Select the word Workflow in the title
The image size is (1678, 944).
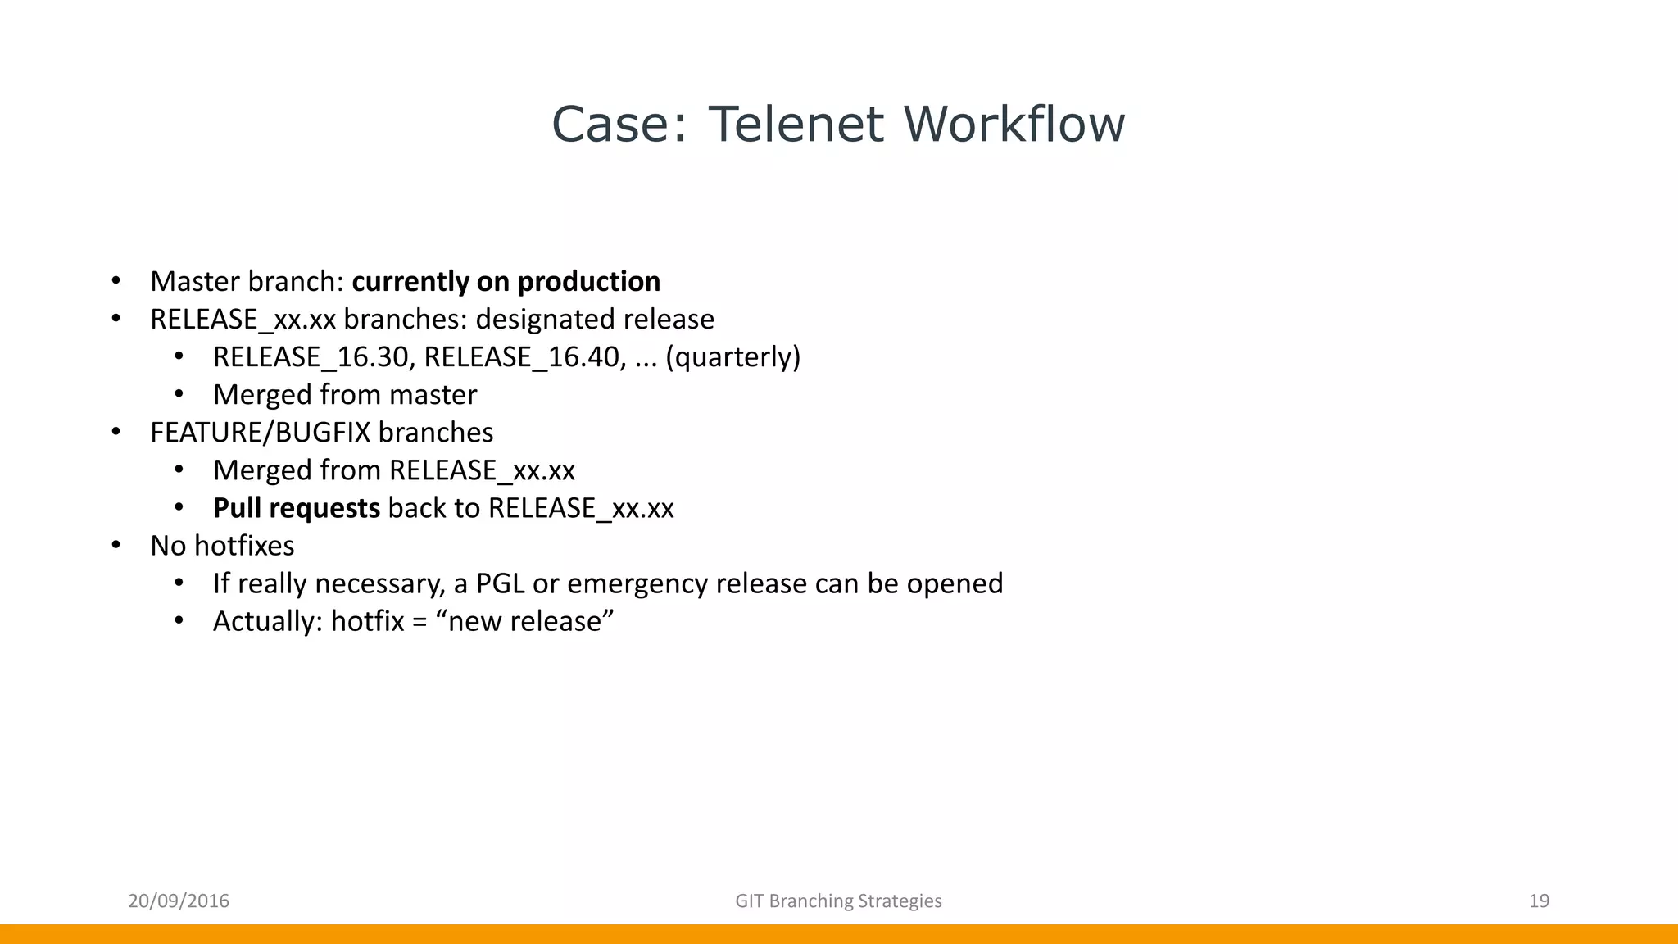(x=1014, y=125)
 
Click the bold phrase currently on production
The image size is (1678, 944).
(x=506, y=282)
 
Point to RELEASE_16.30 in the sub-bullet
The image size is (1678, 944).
(x=311, y=357)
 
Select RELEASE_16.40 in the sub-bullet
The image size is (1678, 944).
(x=522, y=357)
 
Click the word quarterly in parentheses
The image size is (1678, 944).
(x=733, y=357)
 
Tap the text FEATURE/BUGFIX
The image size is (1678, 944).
(x=260, y=433)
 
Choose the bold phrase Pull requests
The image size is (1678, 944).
(x=296, y=508)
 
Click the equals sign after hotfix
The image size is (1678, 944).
(x=419, y=622)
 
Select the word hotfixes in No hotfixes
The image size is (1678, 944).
(x=244, y=546)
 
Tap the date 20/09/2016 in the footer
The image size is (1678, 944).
(x=179, y=901)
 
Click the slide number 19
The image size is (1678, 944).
(x=1539, y=901)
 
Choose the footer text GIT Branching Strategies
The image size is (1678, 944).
(x=838, y=901)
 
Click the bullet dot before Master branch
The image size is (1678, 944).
(x=116, y=282)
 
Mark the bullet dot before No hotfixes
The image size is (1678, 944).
(x=116, y=546)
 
